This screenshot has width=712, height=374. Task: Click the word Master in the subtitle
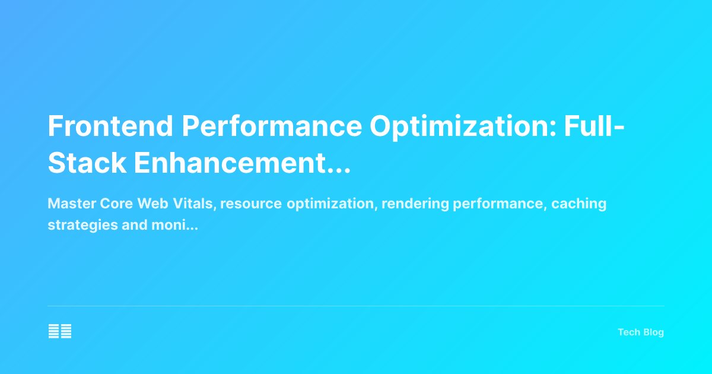pos(68,204)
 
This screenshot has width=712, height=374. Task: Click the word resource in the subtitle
pos(252,204)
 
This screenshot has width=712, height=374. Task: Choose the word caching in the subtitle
pos(578,204)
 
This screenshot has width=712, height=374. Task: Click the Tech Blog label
pos(641,332)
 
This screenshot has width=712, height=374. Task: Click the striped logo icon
pos(60,331)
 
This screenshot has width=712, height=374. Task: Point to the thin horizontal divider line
pos(356,306)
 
